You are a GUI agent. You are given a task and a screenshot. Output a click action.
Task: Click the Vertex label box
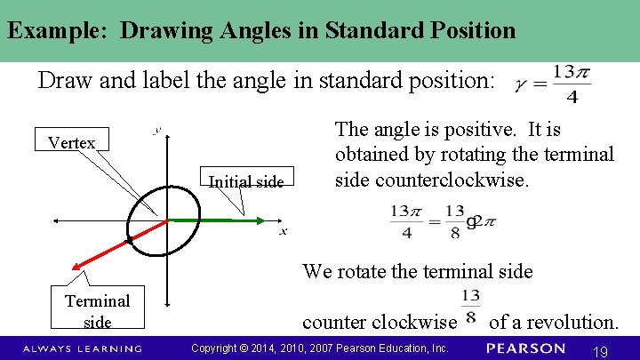coord(71,142)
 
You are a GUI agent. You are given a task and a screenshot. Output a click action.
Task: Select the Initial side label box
coord(246,182)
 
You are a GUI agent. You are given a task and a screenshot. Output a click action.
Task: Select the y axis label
coord(156,131)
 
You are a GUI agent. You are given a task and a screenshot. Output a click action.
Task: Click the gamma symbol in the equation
coord(520,86)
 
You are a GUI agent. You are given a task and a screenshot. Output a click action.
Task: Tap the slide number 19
coord(600,352)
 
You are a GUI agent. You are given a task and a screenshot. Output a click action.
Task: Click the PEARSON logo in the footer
coord(526,348)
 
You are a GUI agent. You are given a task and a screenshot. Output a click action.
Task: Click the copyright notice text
coord(320,348)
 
